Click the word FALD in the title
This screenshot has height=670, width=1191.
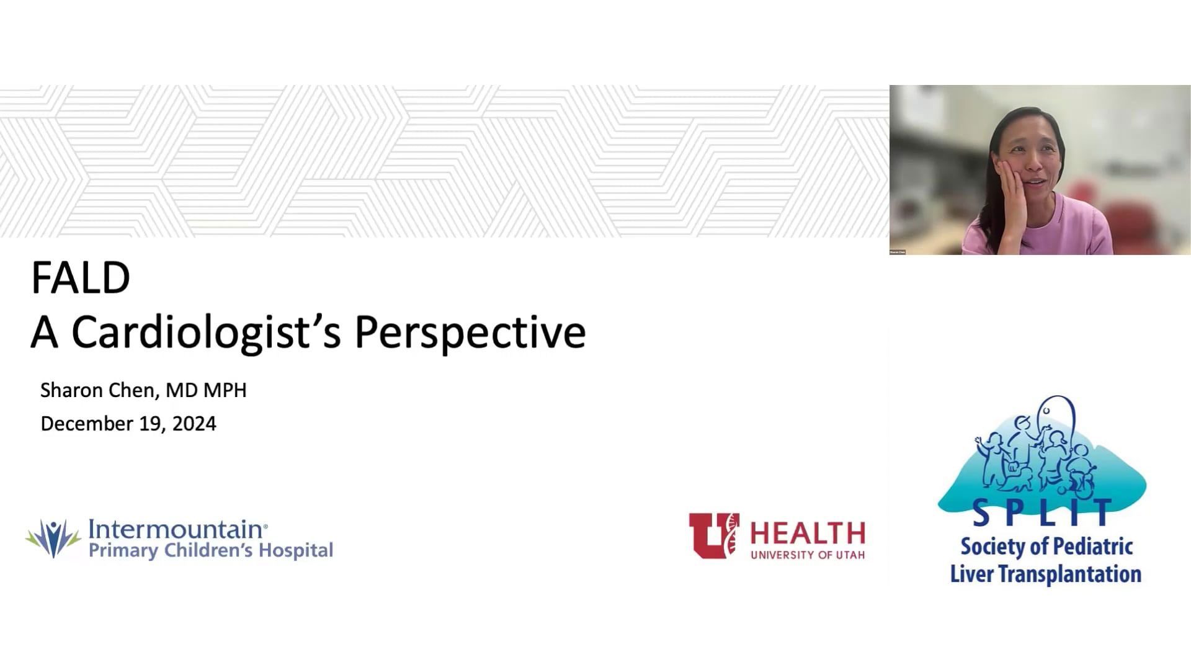pyautogui.click(x=81, y=278)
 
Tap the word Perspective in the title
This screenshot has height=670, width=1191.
pyautogui.click(x=470, y=333)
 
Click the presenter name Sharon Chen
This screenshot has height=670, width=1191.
pyautogui.click(x=97, y=390)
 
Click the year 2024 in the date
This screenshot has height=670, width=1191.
pyautogui.click(x=194, y=424)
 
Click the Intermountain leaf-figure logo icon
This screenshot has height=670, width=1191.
pyautogui.click(x=53, y=538)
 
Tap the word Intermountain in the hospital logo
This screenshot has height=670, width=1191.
pyautogui.click(x=178, y=529)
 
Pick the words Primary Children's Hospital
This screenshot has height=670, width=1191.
pyautogui.click(x=211, y=551)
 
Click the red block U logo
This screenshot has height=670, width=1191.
pyautogui.click(x=714, y=535)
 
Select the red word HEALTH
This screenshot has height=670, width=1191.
pyautogui.click(x=808, y=534)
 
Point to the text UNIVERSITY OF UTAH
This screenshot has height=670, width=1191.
pyautogui.click(x=808, y=555)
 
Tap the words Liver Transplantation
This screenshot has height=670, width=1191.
pyautogui.click(x=1046, y=574)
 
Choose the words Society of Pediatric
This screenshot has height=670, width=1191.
pyautogui.click(x=1047, y=547)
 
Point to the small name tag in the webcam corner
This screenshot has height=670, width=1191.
pyautogui.click(x=898, y=252)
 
